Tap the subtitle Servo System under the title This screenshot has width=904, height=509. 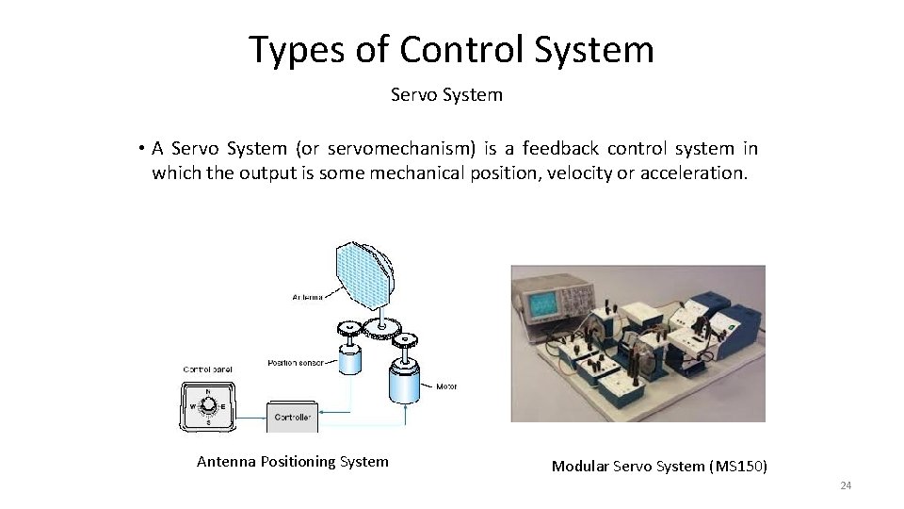(446, 95)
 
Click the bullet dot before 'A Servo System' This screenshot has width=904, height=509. (138, 149)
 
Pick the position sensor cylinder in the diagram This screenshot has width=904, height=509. (354, 358)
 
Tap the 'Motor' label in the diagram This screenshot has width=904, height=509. (446, 386)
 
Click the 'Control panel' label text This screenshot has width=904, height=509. (207, 369)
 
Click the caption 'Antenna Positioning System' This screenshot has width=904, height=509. (292, 462)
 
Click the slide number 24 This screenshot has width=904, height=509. (845, 485)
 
